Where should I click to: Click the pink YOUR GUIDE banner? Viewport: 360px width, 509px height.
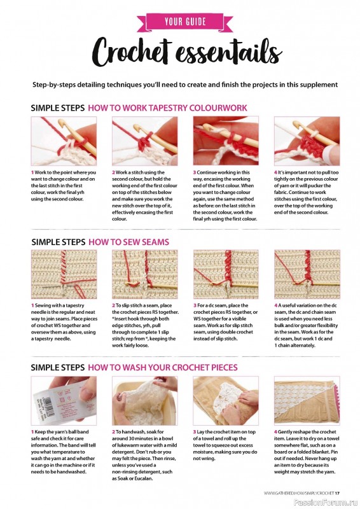(x=184, y=22)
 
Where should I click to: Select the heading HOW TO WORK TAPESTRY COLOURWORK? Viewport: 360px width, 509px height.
(x=167, y=108)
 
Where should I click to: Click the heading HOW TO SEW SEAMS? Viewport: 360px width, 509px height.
(x=129, y=242)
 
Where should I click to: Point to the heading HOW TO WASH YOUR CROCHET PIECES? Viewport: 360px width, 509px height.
(x=163, y=368)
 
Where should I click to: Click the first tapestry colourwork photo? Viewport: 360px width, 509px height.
(x=64, y=141)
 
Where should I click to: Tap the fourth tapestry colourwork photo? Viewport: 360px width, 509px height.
(x=307, y=141)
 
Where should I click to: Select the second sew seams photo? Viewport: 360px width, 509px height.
(x=145, y=274)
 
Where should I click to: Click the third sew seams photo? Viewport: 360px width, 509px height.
(x=226, y=274)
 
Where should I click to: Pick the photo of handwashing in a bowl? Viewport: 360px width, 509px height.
(x=145, y=401)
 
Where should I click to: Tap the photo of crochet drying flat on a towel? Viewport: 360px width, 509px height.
(x=307, y=401)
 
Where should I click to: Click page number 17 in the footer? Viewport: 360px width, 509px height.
(x=337, y=493)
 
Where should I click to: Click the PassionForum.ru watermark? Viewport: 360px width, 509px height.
(x=326, y=503)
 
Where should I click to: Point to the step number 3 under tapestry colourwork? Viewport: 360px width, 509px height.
(x=195, y=172)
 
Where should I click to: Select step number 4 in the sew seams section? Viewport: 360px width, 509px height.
(x=275, y=305)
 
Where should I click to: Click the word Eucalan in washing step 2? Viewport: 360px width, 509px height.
(x=143, y=478)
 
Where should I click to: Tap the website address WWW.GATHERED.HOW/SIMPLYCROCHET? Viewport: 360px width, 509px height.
(x=299, y=493)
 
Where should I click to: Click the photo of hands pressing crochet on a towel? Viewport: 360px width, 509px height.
(x=226, y=401)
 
